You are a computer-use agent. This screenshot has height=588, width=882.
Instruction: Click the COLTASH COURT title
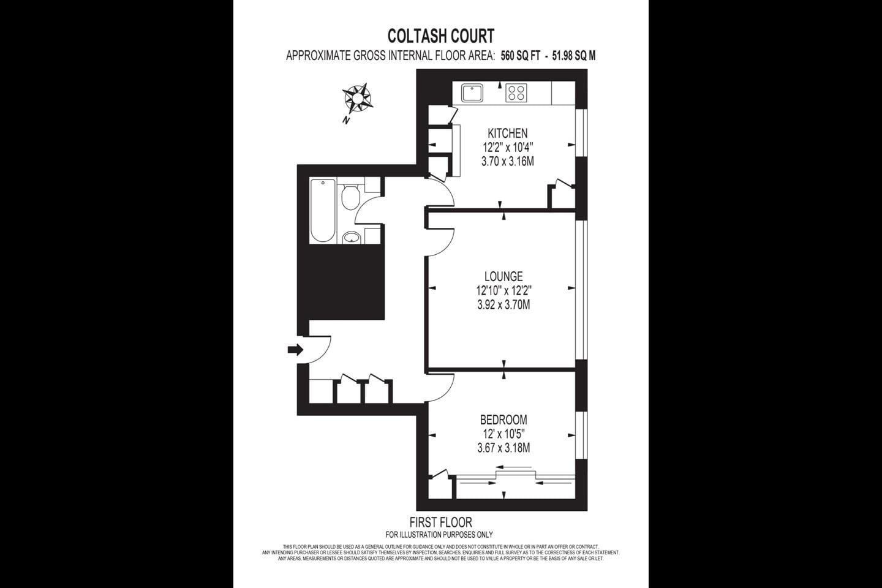point(440,36)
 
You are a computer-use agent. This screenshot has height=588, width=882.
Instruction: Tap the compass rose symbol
point(357,97)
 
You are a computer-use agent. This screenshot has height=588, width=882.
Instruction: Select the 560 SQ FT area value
point(520,56)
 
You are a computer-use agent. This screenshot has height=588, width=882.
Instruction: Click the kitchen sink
point(472,93)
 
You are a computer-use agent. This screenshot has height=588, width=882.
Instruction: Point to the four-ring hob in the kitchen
point(516,93)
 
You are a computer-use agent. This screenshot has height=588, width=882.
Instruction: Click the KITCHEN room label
point(507,133)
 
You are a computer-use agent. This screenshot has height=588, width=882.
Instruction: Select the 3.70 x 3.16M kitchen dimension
point(507,162)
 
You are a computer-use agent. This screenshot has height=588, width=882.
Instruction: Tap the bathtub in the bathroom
point(323,210)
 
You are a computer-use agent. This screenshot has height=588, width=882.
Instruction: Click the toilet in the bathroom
point(350,197)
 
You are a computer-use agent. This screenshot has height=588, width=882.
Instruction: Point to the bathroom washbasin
point(352,237)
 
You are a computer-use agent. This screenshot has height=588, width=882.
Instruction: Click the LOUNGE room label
point(503,276)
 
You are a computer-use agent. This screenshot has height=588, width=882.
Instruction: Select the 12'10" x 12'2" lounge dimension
point(503,290)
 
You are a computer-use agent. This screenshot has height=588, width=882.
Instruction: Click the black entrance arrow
point(295,350)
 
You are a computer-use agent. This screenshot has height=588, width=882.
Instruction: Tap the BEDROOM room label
point(503,420)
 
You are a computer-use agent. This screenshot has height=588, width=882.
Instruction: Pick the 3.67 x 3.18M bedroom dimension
point(503,448)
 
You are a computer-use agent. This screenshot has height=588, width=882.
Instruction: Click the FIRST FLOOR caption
point(440,522)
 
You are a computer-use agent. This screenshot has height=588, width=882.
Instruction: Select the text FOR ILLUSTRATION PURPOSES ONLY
point(439,535)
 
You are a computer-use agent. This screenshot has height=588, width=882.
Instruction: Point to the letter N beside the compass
point(346,121)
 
